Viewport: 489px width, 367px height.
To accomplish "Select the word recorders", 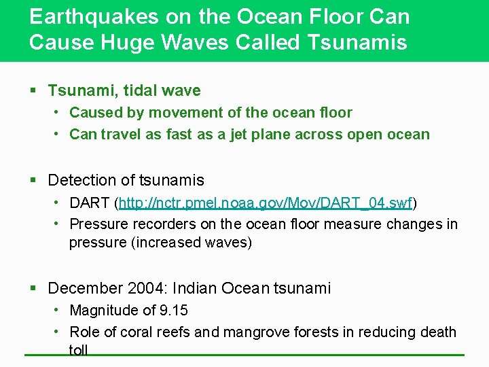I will click(x=162, y=224).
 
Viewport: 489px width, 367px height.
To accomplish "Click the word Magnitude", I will click(x=103, y=311).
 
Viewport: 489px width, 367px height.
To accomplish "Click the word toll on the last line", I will click(x=79, y=349).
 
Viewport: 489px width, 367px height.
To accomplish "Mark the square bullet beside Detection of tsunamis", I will click(x=34, y=181).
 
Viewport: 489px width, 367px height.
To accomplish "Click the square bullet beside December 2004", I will click(x=34, y=289).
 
